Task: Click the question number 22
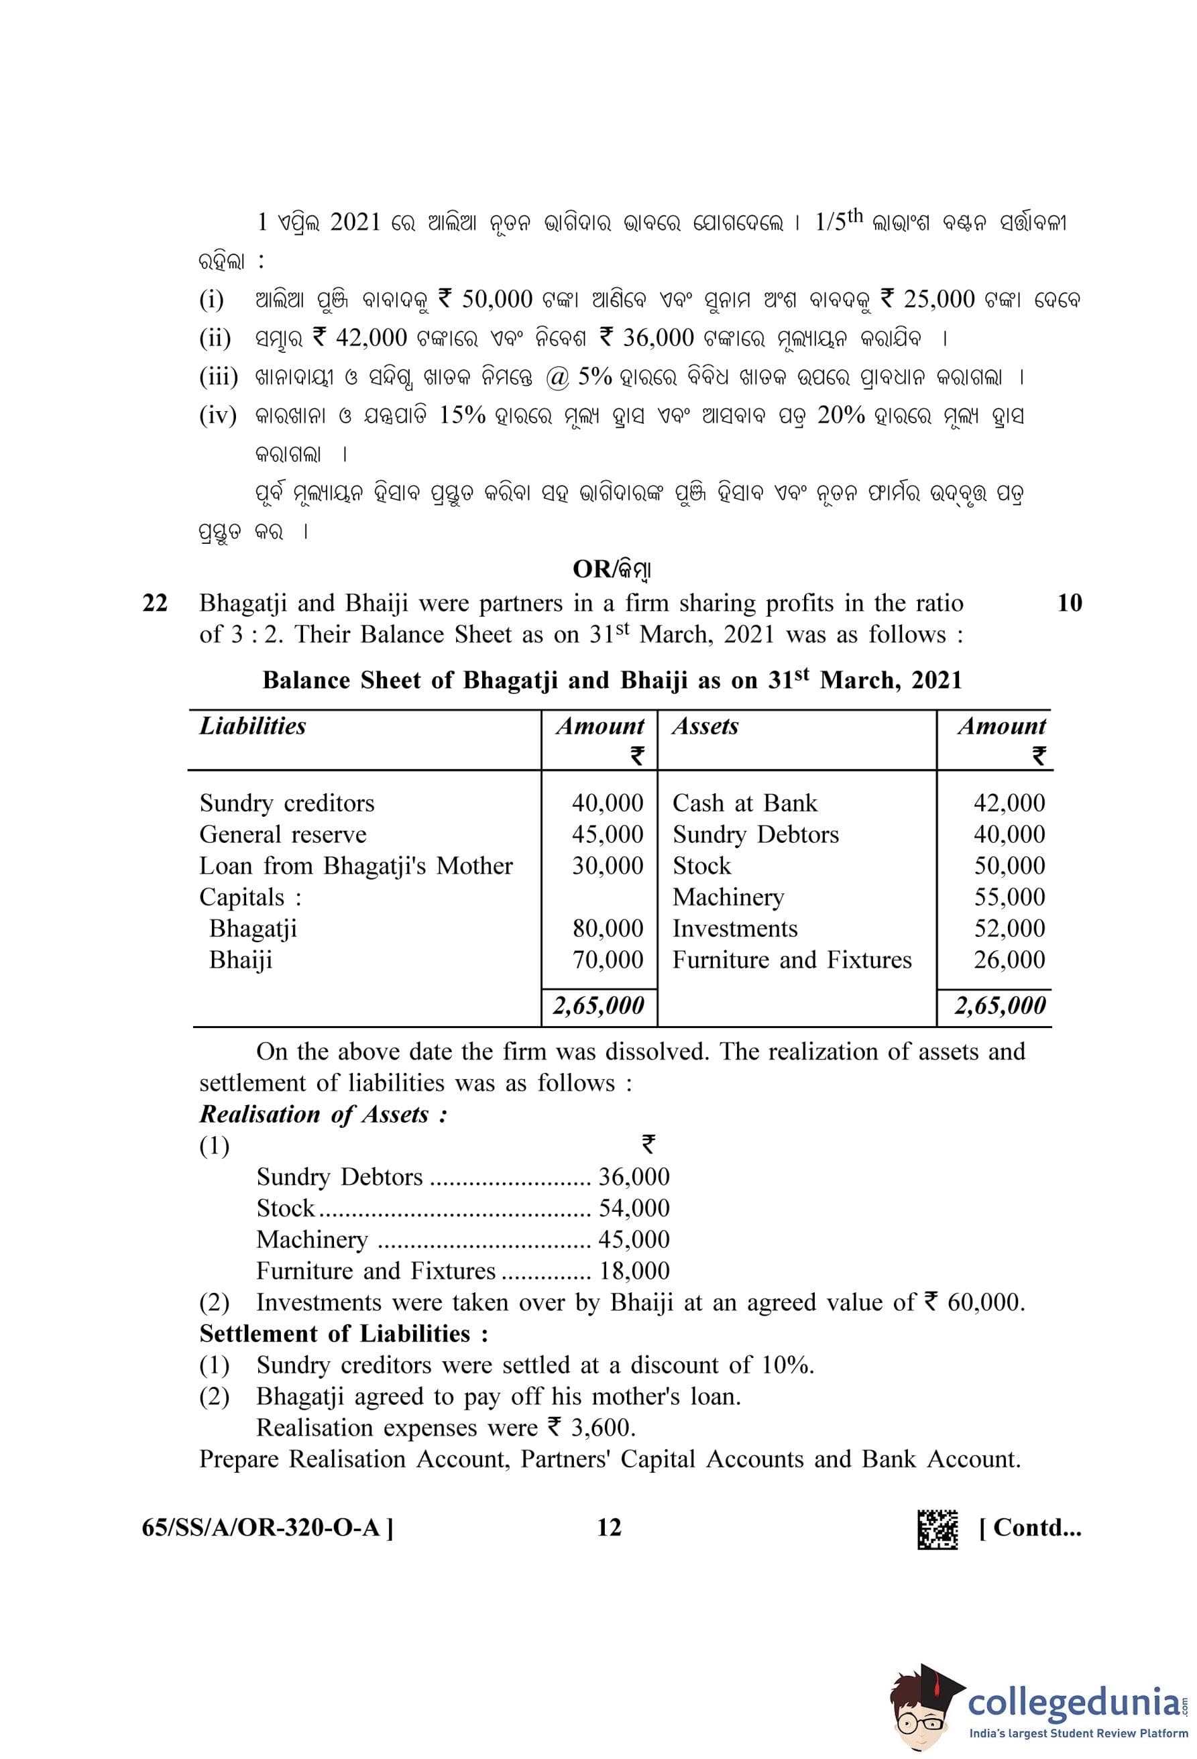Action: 154,604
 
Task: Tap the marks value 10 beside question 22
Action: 1069,604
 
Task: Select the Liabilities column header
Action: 253,727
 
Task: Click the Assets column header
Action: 704,727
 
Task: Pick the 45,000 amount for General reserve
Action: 607,834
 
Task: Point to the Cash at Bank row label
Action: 744,803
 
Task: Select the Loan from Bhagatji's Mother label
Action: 355,866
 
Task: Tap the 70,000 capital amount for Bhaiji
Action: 607,960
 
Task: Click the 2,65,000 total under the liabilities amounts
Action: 597,1006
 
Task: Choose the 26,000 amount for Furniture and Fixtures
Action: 1009,960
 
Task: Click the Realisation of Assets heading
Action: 323,1115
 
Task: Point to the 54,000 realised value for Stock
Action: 633,1208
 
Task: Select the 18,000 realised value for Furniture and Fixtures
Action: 634,1271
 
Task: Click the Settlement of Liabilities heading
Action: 343,1334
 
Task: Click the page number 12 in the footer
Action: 608,1528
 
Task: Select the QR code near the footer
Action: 937,1529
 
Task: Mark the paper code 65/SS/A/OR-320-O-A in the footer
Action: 267,1528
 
